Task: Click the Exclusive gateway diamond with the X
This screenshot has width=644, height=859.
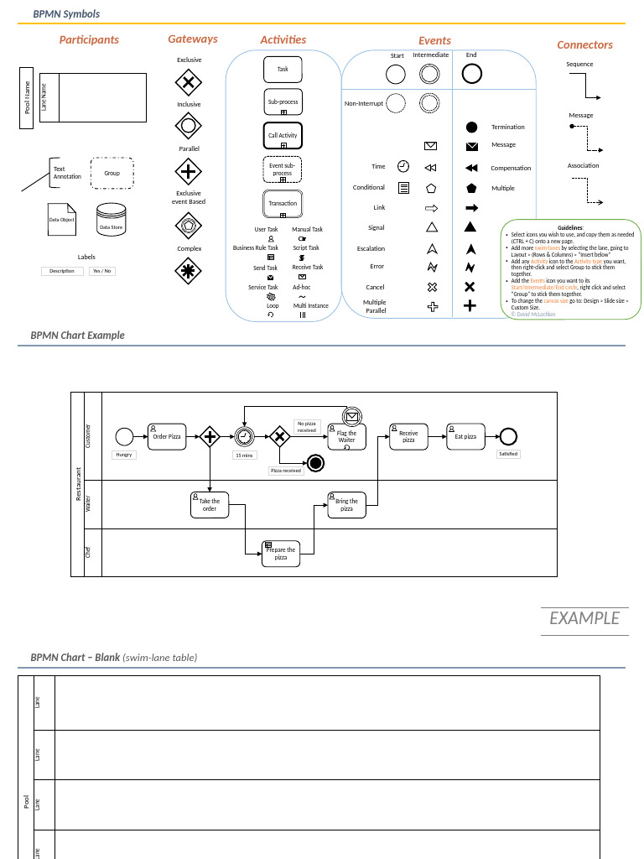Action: (x=189, y=82)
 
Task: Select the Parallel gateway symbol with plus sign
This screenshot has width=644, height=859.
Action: (x=189, y=172)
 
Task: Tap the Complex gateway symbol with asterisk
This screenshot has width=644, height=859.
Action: (x=189, y=270)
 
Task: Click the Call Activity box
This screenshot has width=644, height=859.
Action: (x=283, y=135)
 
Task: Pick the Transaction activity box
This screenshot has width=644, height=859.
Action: (x=283, y=203)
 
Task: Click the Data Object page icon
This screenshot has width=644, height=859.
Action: (x=61, y=219)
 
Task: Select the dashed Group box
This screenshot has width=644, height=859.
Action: (x=112, y=173)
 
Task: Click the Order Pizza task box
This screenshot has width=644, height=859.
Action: (x=166, y=436)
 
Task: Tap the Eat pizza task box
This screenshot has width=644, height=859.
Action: (x=465, y=436)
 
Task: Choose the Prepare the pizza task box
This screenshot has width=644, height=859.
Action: (x=281, y=554)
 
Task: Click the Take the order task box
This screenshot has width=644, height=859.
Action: (x=209, y=505)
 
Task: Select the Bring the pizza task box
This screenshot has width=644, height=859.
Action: (x=346, y=505)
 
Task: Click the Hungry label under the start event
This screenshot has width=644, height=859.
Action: (x=124, y=455)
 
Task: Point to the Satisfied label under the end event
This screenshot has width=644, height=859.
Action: (x=507, y=454)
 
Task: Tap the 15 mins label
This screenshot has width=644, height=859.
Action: (x=244, y=456)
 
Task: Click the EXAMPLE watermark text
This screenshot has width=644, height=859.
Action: (x=584, y=618)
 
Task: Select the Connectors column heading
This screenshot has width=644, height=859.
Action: (x=584, y=44)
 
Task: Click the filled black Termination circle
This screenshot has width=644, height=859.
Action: (x=471, y=128)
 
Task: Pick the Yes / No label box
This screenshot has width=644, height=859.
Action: (x=102, y=271)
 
